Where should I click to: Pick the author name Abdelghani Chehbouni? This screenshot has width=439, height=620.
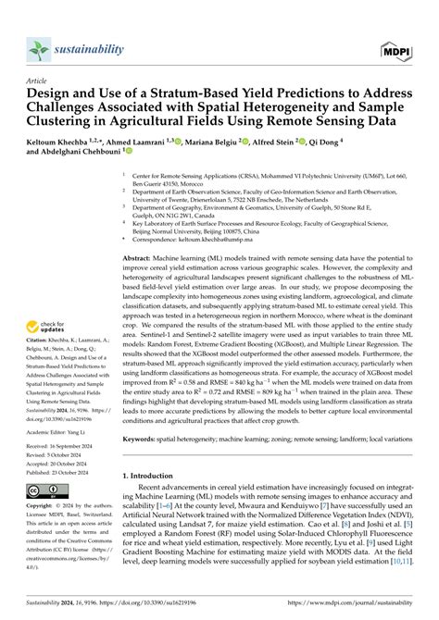point(97,155)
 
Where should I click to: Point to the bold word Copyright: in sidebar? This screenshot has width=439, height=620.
point(39,507)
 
